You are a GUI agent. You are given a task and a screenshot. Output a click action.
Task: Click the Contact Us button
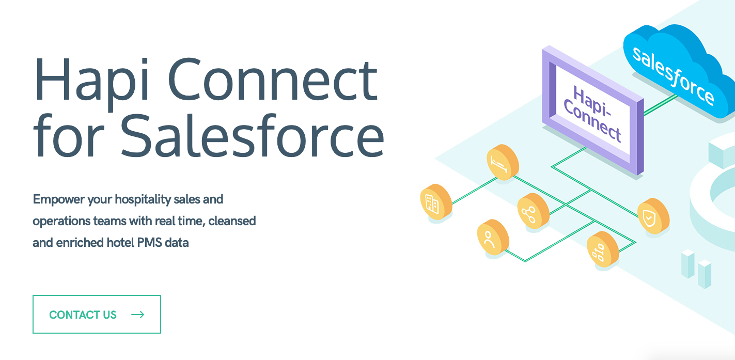pyautogui.click(x=97, y=314)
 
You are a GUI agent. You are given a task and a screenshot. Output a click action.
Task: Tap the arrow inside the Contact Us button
pyautogui.click(x=138, y=315)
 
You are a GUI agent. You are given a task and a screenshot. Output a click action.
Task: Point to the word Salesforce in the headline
pyautogui.click(x=253, y=135)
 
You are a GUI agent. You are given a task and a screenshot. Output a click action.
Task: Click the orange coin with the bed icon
pyautogui.click(x=503, y=162)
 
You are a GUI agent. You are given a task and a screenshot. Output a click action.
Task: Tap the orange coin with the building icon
pyautogui.click(x=436, y=202)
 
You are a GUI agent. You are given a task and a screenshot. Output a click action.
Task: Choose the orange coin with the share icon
pyautogui.click(x=533, y=211)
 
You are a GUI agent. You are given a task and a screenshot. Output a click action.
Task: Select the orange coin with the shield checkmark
pyautogui.click(x=653, y=216)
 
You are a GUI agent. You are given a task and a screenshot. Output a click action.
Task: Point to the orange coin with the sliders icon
pyautogui.click(x=603, y=249)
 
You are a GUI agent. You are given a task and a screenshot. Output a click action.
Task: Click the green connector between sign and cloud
pyautogui.click(x=660, y=105)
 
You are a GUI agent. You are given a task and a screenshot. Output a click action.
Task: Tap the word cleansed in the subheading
pyautogui.click(x=232, y=221)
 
